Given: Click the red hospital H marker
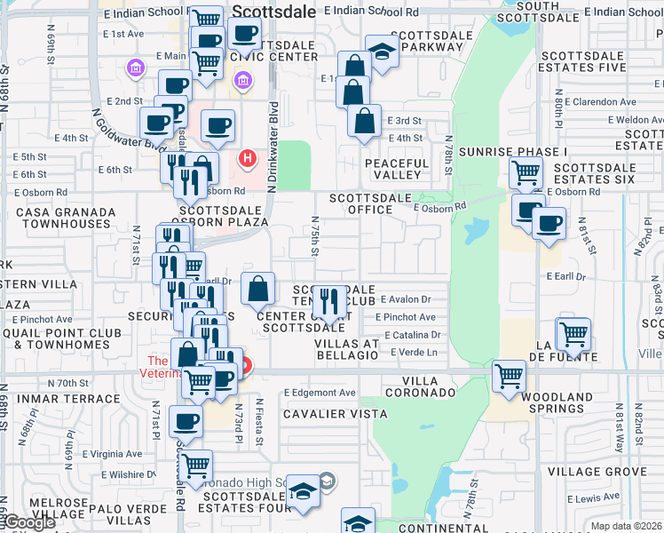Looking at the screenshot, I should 248,159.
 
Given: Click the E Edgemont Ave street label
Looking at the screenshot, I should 320,393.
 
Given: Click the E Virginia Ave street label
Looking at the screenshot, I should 116,454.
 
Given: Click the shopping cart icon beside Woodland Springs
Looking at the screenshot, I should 509,376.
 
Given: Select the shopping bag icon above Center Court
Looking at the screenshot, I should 257,288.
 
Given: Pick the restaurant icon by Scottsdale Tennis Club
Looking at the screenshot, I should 330,300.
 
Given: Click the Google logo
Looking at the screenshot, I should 28,522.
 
